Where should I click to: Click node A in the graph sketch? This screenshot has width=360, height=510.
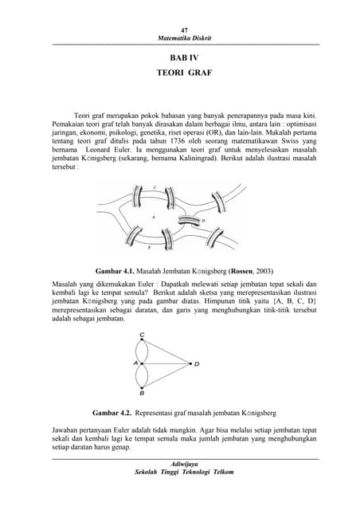(x=137, y=363)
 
